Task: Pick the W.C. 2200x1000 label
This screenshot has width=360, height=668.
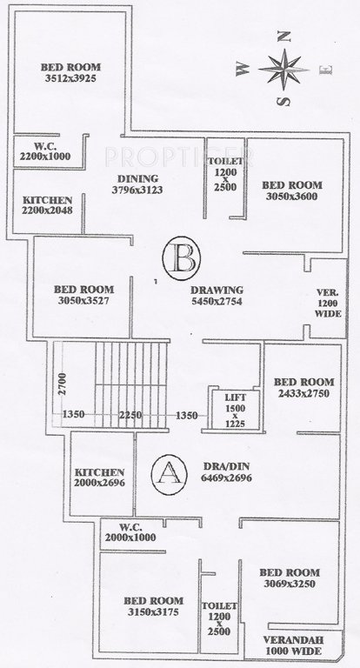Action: pos(45,150)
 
